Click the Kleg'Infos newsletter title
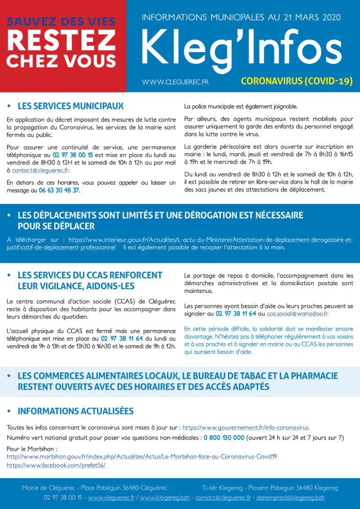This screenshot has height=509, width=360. pyautogui.click(x=241, y=48)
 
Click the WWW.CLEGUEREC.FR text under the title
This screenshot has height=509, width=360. pyautogui.click(x=175, y=82)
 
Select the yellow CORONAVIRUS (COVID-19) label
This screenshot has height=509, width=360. pyautogui.click(x=297, y=81)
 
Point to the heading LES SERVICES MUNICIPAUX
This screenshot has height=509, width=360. pyautogui.click(x=70, y=106)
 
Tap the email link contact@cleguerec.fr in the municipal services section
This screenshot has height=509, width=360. pyautogui.click(x=40, y=170)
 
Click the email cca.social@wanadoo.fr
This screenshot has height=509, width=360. pyautogui.click(x=298, y=314)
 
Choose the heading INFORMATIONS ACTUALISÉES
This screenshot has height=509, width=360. pyautogui.click(x=75, y=411)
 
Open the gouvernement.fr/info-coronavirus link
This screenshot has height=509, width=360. pyautogui.click(x=246, y=427)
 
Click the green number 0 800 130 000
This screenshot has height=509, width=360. pyautogui.click(x=224, y=438)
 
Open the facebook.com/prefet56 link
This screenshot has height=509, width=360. pyautogui.click(x=56, y=465)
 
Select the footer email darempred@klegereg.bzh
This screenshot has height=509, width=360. pyautogui.click(x=294, y=497)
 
